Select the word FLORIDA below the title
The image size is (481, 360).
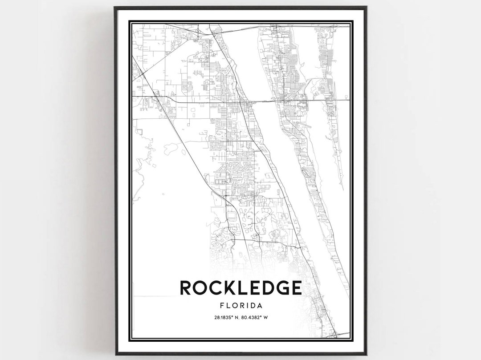[240, 306]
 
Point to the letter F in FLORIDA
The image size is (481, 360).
[221, 306]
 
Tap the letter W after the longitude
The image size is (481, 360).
[265, 318]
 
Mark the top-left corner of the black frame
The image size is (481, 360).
[115, 7]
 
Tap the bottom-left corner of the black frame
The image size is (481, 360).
[115, 354]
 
